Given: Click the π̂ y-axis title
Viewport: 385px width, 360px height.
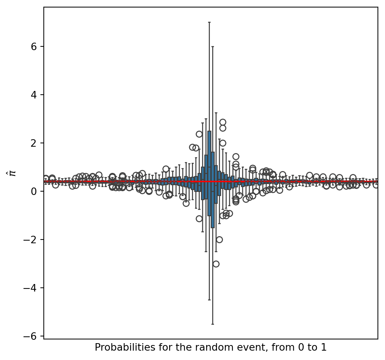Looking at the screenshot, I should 13,173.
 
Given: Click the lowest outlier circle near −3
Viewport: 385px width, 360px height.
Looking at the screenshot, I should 216,264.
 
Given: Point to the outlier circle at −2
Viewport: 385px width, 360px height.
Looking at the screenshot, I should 219,240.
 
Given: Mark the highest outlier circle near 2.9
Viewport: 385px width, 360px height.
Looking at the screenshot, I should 223,122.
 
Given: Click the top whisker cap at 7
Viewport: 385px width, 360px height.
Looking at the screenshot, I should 209,22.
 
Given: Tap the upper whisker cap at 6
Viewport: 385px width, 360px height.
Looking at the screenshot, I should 213,46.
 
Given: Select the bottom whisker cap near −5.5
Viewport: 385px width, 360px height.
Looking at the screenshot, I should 213,324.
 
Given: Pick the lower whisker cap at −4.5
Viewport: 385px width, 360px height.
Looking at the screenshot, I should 209,300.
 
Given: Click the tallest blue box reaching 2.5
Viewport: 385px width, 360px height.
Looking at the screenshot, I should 209,172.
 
